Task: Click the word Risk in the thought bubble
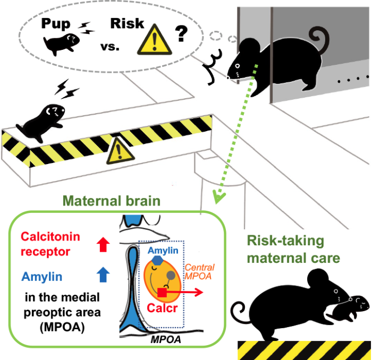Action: [128, 23]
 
